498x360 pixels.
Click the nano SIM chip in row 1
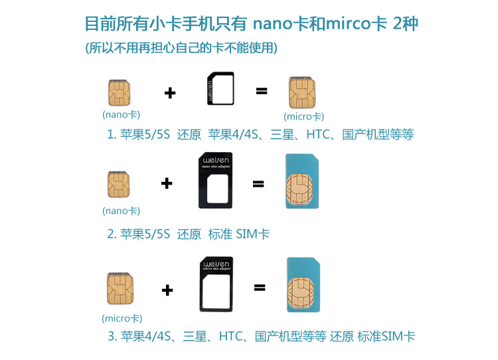119,92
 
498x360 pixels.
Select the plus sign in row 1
170,93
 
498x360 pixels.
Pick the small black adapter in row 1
220,90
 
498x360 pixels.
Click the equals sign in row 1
262,91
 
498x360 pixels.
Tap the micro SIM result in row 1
302,93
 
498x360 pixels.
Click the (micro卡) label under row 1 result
303,117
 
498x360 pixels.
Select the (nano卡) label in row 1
121,114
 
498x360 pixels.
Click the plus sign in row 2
167,184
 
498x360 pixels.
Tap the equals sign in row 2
258,184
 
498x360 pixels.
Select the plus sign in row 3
167,290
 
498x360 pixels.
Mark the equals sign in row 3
259,288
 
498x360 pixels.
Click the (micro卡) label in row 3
122,318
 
